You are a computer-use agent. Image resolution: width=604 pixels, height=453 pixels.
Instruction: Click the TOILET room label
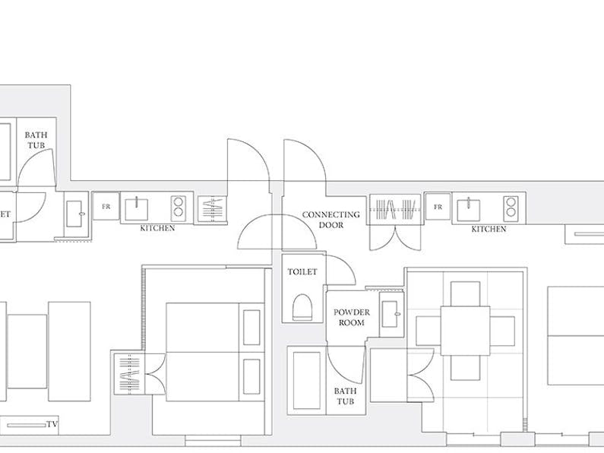point(302,271)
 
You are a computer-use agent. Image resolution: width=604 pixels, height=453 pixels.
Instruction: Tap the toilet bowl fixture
point(302,307)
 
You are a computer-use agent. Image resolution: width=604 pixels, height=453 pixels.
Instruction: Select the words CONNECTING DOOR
point(331,220)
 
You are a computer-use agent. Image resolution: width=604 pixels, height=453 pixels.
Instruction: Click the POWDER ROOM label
point(352,318)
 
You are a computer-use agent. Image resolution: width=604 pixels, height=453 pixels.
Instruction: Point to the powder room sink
point(391,315)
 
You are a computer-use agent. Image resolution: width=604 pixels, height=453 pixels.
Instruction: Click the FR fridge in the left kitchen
point(106,207)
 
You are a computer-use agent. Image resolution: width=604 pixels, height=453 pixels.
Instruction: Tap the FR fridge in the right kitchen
point(438,207)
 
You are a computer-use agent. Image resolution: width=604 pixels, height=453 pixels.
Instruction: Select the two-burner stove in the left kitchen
point(179,207)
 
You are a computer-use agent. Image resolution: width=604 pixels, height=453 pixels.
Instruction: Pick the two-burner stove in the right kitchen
point(511,207)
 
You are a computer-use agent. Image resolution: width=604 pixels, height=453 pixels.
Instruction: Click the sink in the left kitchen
point(136,208)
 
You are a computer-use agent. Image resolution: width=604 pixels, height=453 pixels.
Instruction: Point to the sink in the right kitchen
point(469,209)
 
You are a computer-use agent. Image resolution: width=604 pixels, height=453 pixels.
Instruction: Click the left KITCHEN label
point(157,228)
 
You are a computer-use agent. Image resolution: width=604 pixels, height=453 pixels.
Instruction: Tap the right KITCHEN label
point(489,230)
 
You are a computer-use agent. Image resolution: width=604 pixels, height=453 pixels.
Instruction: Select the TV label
point(52,424)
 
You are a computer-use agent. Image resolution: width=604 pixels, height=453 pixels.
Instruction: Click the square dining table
point(465,331)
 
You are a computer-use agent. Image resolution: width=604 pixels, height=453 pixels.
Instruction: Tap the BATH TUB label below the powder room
point(345,396)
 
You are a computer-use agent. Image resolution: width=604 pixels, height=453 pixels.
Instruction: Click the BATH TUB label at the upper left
point(36,140)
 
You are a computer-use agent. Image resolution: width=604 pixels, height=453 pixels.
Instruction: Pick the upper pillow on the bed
point(251,328)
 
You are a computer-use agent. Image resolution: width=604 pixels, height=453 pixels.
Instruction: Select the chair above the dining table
point(465,294)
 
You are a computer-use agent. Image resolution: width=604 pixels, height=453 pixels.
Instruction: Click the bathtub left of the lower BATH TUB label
point(307,380)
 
